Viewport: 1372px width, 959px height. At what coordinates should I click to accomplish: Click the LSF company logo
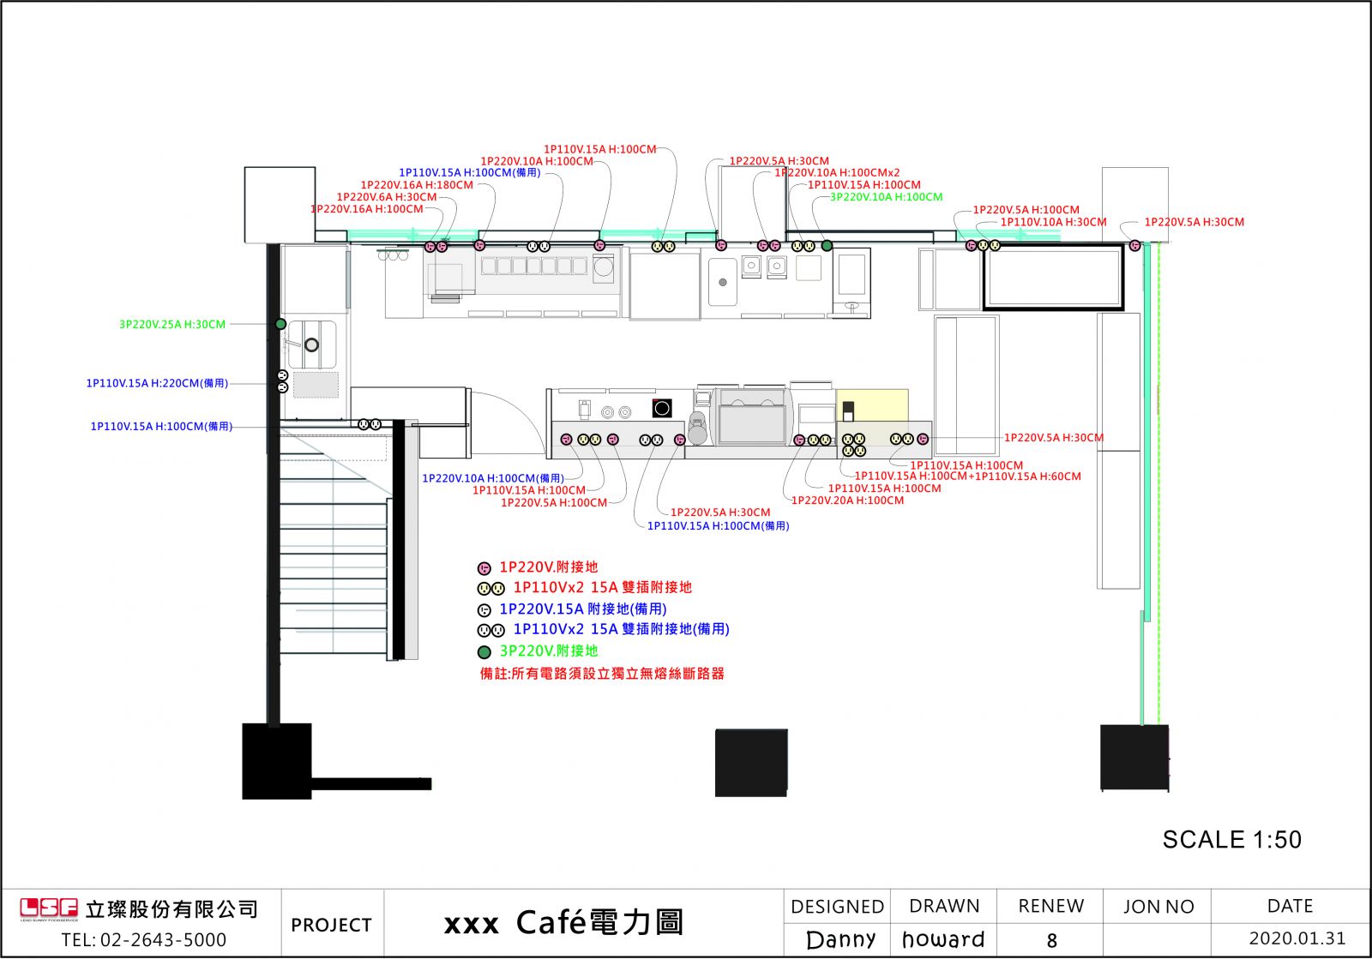pos(49,909)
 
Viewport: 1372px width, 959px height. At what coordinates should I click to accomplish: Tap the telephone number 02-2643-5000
pos(144,940)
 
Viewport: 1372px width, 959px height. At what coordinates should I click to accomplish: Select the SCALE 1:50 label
pos(1231,840)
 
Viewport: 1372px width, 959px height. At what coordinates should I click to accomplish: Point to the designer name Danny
pos(840,940)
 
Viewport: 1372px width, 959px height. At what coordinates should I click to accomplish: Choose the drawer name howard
pos(943,940)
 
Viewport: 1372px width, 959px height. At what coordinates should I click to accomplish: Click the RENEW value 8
pos(1052,941)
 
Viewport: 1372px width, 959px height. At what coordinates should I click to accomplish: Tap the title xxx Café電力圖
pos(563,923)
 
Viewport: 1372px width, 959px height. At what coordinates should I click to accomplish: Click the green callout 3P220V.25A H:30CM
pos(172,325)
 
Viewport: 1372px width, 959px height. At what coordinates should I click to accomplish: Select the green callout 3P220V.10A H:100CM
pos(886,197)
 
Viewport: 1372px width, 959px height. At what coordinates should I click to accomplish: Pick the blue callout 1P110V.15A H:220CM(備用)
pos(157,383)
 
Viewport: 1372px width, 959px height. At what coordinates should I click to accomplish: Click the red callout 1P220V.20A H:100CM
pos(847,500)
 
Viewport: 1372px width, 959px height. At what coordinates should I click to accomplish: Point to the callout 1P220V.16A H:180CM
pos(417,185)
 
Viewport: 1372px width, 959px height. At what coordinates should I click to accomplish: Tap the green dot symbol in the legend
pos(484,651)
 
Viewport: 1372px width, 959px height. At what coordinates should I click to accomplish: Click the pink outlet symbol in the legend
pos(484,568)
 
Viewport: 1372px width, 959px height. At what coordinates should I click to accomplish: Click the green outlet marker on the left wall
pos(280,324)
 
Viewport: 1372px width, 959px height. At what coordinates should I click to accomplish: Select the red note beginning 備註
pos(602,674)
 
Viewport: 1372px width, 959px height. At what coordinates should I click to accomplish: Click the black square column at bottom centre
pos(751,763)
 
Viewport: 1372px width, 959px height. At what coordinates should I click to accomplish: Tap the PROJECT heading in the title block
pos(331,925)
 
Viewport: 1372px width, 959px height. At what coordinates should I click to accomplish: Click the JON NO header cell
pos(1158,907)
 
